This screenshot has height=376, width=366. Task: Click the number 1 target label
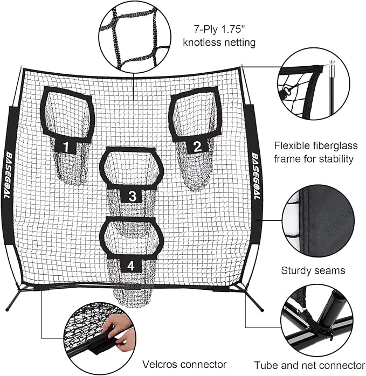click(x=66, y=145)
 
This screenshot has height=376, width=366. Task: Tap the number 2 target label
click(x=197, y=145)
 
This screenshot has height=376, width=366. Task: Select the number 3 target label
click(x=132, y=194)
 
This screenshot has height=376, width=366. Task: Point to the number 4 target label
click(x=132, y=264)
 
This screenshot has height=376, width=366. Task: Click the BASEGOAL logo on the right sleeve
click(x=255, y=175)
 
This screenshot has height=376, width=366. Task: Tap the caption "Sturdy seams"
click(x=313, y=270)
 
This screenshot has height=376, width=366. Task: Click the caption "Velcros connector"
click(x=185, y=365)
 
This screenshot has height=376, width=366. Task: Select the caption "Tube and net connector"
click(x=309, y=365)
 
